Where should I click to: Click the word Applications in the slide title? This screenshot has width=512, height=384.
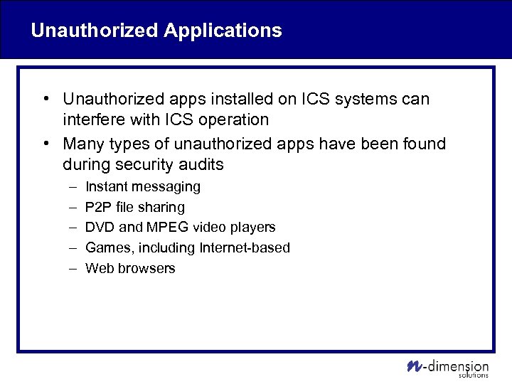pos(223,31)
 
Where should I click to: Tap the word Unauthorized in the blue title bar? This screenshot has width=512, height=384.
pos(95,31)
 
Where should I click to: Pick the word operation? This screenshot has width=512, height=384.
pos(237,119)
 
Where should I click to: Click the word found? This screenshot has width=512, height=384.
pos(421,144)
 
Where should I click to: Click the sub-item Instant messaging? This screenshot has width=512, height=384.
pos(142,187)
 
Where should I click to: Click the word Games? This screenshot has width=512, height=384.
pos(105,248)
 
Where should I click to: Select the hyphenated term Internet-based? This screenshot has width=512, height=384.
pos(245,248)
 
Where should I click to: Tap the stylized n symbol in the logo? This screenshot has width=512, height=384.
pos(414,366)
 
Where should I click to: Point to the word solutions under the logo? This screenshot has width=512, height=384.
pos(474,375)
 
